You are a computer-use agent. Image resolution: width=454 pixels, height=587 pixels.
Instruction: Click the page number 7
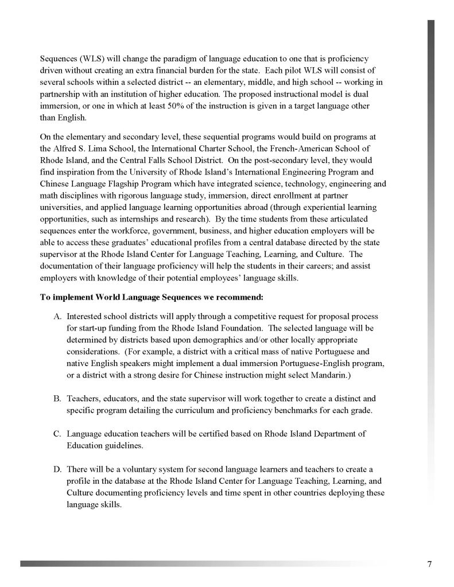(429, 563)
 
